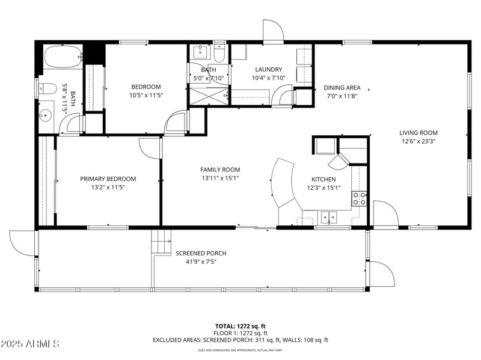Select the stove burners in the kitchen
(x=360, y=199)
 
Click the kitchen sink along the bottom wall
(x=328, y=218)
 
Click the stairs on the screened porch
(x=161, y=243)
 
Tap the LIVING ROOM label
(x=418, y=133)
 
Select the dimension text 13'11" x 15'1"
(x=220, y=178)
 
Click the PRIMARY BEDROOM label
(x=108, y=178)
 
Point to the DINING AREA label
(x=342, y=87)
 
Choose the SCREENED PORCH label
(x=201, y=253)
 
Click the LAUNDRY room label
(x=268, y=69)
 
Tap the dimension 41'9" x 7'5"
(x=201, y=261)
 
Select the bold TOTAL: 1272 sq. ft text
(x=240, y=326)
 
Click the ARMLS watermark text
(x=30, y=344)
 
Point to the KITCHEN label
(x=323, y=179)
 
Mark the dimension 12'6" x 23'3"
(x=418, y=141)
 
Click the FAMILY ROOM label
(x=220, y=169)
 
